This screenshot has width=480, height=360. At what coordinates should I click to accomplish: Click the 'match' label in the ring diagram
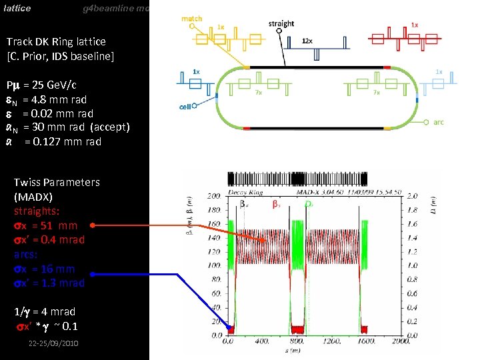pyautogui.click(x=191, y=19)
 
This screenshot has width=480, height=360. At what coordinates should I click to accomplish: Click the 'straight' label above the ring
pyautogui.click(x=281, y=24)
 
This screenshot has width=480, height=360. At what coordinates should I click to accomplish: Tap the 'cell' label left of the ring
pyautogui.click(x=186, y=107)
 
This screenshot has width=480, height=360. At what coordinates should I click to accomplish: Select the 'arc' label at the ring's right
pyautogui.click(x=439, y=123)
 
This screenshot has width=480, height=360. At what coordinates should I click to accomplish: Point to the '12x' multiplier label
pyautogui.click(x=307, y=41)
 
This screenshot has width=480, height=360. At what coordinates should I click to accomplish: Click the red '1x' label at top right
pyautogui.click(x=415, y=25)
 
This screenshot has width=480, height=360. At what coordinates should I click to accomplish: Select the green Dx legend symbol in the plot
pyautogui.click(x=309, y=204)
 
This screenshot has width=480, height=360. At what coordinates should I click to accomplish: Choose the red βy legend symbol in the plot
pyautogui.click(x=275, y=204)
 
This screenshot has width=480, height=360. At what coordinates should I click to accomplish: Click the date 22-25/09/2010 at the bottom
pyautogui.click(x=53, y=343)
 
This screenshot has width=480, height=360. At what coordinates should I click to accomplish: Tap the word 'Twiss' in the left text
pyautogui.click(x=27, y=183)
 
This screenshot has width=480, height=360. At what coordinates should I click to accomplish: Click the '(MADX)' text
pyautogui.click(x=33, y=197)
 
